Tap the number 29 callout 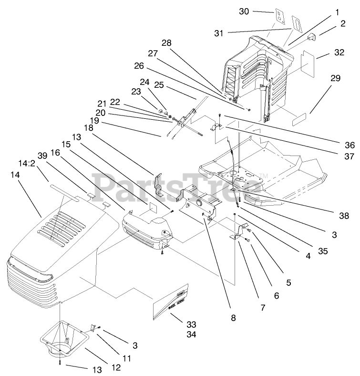point(335,78)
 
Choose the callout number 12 point(116,367)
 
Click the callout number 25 point(159,85)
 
